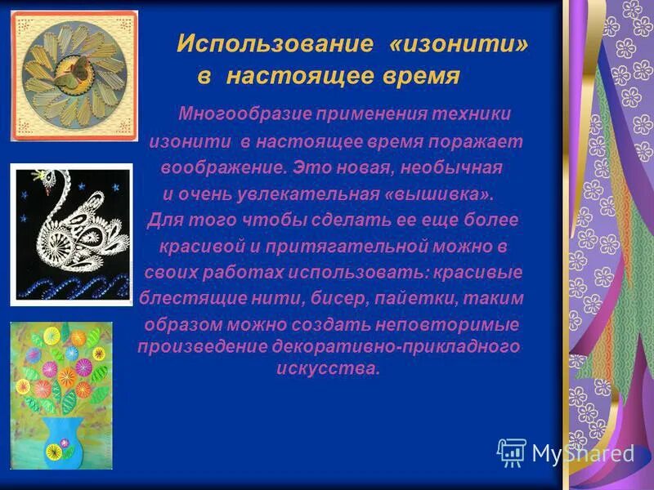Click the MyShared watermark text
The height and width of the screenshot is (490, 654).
click(x=582, y=453)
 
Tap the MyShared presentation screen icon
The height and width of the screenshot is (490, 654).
click(x=511, y=452)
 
